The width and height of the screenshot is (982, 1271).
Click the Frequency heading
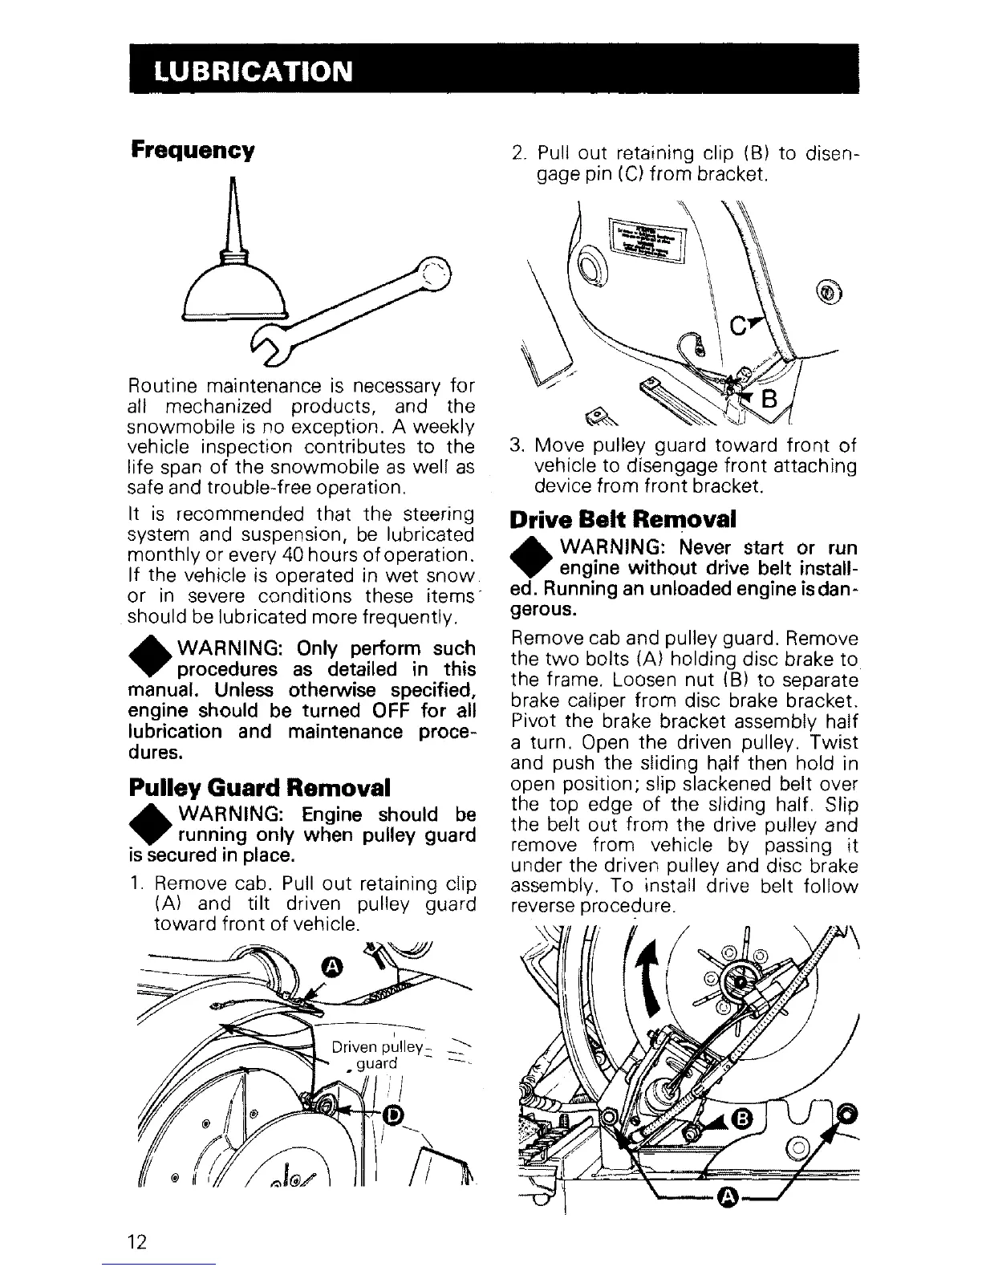click(193, 150)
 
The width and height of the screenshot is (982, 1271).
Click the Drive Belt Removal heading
click(623, 519)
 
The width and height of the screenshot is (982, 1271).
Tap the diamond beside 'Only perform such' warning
click(147, 656)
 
